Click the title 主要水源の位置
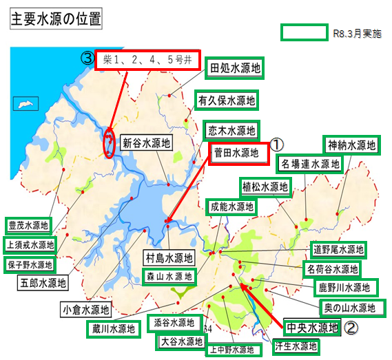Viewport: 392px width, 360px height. point(56,19)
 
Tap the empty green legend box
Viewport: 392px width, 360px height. point(304,32)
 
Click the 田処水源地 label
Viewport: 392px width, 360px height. point(236,67)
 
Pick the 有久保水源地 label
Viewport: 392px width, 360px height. point(227,100)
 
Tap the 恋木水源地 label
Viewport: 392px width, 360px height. point(231,129)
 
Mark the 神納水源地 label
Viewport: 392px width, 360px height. point(351,145)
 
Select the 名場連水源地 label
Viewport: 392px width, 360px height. point(311,165)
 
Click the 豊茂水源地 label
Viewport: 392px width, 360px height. point(29,224)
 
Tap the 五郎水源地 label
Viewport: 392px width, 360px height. point(43,282)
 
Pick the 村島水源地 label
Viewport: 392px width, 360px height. point(169,258)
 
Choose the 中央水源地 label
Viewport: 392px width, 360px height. point(312,326)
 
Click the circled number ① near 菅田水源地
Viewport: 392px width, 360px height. point(276,145)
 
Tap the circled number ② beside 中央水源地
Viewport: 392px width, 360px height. point(351,328)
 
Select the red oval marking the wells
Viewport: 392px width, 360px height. point(109,143)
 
